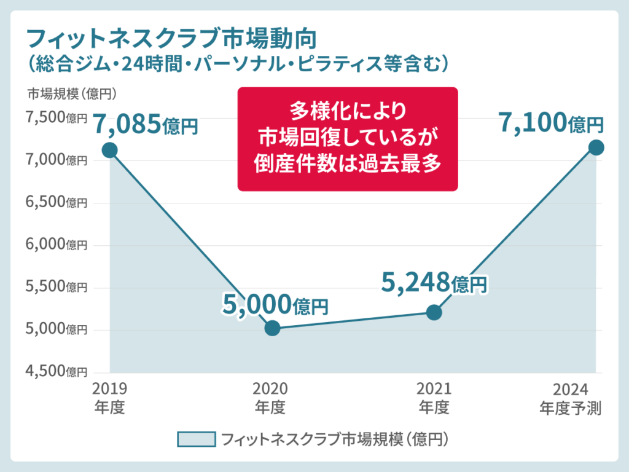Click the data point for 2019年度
point(110,150)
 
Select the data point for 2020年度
point(272,328)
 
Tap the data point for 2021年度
point(434,312)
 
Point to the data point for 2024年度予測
point(596,147)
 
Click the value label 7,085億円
point(146,125)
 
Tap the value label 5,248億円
point(434,283)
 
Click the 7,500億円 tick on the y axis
point(56,118)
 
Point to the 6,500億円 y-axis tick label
point(56,202)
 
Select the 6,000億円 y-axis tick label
point(56,245)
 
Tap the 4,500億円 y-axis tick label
point(56,371)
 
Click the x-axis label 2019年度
point(110,398)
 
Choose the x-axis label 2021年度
point(434,398)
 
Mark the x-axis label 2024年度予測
point(571,398)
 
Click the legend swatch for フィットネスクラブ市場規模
point(196,439)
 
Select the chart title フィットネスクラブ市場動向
point(173,39)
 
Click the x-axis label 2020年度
point(270,398)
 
